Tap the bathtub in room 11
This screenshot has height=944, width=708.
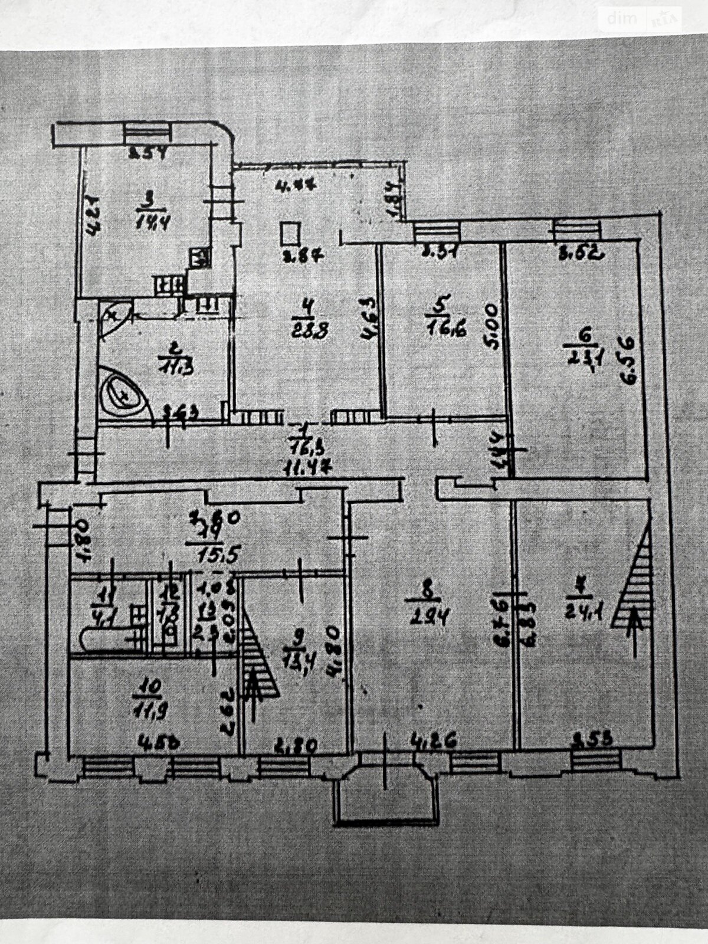106,640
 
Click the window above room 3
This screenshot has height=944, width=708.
147,134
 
